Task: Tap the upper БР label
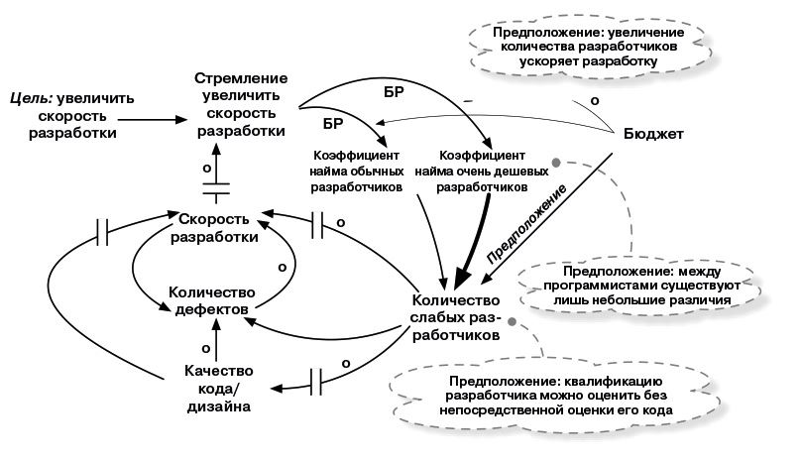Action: tap(395, 93)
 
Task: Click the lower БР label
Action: tap(334, 125)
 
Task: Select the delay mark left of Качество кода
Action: tap(321, 380)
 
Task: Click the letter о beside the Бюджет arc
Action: tap(594, 100)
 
